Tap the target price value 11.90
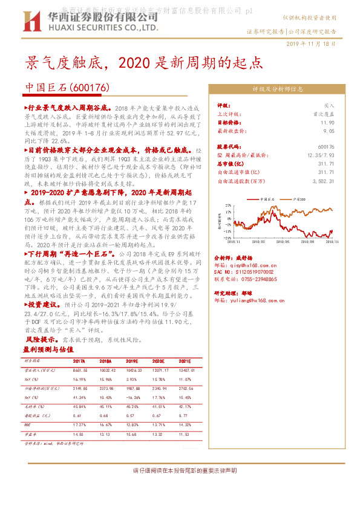point(327,122)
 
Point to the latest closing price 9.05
point(329,129)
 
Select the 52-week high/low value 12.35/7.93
point(321,155)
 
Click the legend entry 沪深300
point(299,198)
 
